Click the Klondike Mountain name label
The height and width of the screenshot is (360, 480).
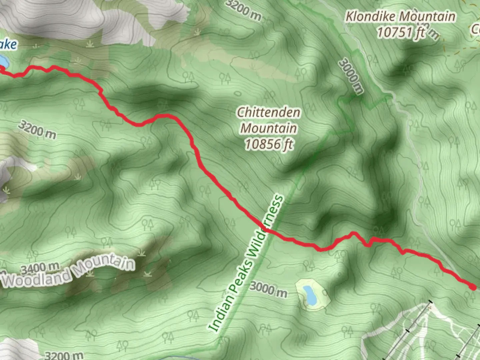(400, 17)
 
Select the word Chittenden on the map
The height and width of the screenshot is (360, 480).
(268, 112)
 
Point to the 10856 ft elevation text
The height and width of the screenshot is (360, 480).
(269, 144)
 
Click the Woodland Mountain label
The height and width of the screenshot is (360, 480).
(68, 272)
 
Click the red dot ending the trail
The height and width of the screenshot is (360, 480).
(473, 287)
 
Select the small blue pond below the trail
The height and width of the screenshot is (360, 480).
(311, 295)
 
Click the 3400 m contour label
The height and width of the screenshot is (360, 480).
(40, 268)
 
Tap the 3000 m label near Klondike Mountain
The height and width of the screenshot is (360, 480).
(351, 76)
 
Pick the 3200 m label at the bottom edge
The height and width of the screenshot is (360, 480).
(64, 355)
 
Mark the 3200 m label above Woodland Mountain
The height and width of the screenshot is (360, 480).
(37, 129)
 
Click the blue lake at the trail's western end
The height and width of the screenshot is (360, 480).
(3, 61)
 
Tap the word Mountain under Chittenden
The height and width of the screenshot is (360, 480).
(269, 128)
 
